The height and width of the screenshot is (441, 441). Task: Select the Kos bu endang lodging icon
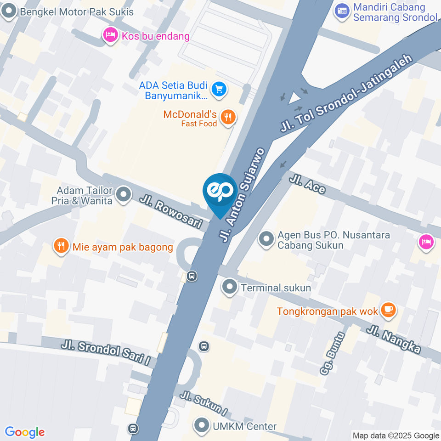point(110,35)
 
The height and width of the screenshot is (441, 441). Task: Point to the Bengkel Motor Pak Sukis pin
point(8,12)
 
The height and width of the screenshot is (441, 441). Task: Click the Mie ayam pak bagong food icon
point(61,247)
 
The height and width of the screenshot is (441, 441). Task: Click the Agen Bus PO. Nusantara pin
point(266,239)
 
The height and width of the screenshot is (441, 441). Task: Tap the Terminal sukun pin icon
point(228,288)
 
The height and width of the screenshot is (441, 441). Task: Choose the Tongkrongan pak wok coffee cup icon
point(389,311)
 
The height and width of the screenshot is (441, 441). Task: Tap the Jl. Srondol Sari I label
point(107,352)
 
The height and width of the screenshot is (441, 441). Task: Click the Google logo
point(24,432)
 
